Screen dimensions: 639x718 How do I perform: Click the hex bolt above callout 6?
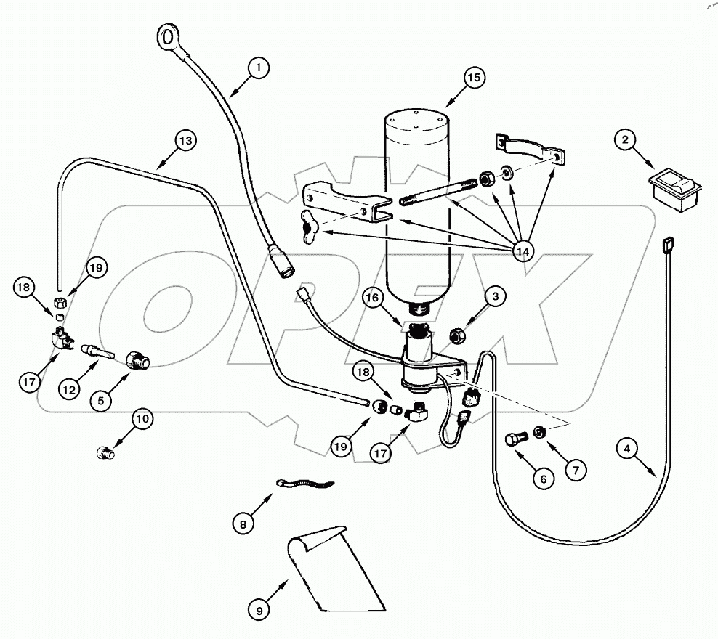click(515, 439)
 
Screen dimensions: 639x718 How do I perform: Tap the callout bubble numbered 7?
click(575, 470)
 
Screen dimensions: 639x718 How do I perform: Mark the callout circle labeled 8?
click(245, 521)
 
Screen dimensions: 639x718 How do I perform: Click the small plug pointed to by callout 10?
click(105, 453)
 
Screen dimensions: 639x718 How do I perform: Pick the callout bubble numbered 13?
click(185, 140)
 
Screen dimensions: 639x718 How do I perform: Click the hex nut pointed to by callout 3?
click(458, 335)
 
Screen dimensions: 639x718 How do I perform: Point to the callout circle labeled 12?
click(69, 390)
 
